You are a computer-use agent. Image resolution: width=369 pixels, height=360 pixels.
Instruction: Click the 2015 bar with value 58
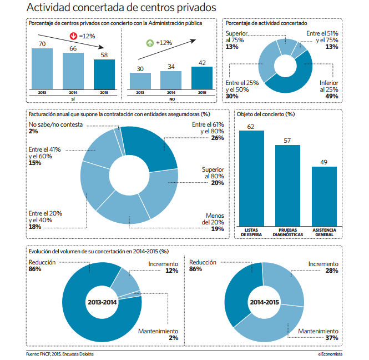pyautogui.click(x=104, y=74)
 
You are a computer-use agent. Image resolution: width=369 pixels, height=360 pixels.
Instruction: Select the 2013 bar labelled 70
pyautogui.click(x=42, y=69)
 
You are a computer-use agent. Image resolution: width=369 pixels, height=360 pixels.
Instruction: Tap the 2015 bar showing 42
pyautogui.click(x=202, y=78)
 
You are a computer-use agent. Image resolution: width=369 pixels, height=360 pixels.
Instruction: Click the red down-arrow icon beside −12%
pyautogui.click(x=73, y=36)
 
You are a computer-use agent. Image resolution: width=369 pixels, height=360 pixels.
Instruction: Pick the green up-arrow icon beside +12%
pyautogui.click(x=150, y=43)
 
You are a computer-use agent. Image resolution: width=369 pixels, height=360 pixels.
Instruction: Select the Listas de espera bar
pyautogui.click(x=251, y=178)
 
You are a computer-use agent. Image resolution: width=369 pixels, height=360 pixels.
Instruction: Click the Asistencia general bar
pyautogui.click(x=324, y=197)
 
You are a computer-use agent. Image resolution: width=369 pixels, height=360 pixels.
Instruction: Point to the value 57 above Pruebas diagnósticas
pyautogui.click(x=287, y=141)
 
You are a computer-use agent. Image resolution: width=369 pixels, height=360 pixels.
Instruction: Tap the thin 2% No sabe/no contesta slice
pyautogui.click(x=119, y=141)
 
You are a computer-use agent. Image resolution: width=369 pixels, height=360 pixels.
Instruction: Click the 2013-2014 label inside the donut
pyautogui.click(x=102, y=302)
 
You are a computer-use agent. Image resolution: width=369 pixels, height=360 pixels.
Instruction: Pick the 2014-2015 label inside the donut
pyautogui.click(x=264, y=302)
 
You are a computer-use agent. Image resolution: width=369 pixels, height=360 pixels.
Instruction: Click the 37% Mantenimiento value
pyautogui.click(x=332, y=338)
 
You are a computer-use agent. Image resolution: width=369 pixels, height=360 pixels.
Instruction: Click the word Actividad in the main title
pyautogui.click(x=48, y=7)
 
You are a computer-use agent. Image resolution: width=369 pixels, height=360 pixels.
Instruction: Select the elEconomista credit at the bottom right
pyautogui.click(x=330, y=354)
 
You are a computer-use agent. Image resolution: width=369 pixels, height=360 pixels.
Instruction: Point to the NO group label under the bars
pyautogui.click(x=172, y=99)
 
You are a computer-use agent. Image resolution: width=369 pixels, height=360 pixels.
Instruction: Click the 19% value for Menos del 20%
pyautogui.click(x=218, y=229)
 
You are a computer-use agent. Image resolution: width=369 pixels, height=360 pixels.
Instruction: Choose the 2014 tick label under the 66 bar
pyautogui.click(x=73, y=93)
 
